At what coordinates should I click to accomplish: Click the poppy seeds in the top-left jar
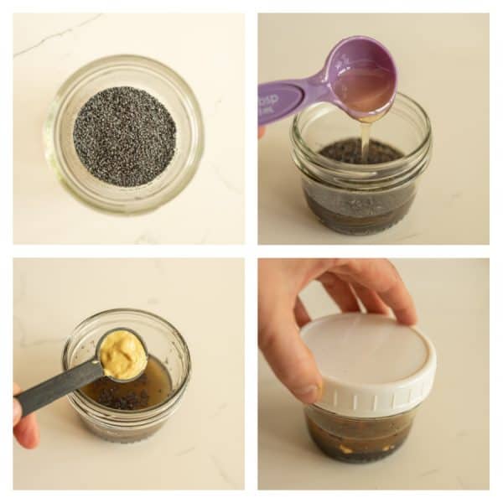pos(124,136)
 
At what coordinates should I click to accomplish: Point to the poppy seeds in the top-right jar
pos(360,153)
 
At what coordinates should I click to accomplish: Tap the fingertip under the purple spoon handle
pos(262,132)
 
